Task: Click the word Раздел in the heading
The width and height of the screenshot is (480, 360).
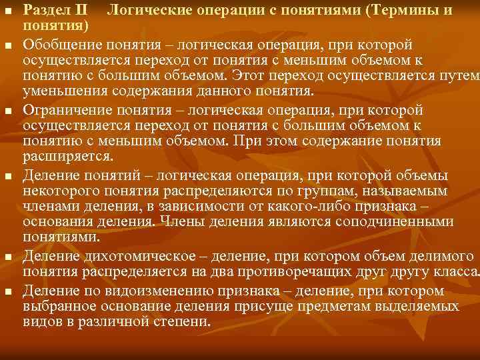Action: pos(45,11)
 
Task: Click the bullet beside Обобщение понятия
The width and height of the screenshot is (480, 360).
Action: pos(7,45)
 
